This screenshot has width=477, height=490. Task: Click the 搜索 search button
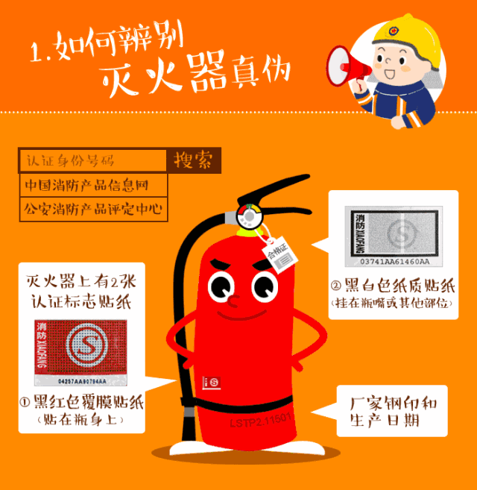pyautogui.click(x=193, y=160)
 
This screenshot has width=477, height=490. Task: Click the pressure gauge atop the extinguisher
pyautogui.click(x=248, y=216)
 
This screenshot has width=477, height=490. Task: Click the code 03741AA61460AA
pyautogui.click(x=393, y=263)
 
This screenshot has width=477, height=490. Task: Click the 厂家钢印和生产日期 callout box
pyautogui.click(x=392, y=412)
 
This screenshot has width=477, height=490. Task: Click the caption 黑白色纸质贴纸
pyautogui.click(x=393, y=287)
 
